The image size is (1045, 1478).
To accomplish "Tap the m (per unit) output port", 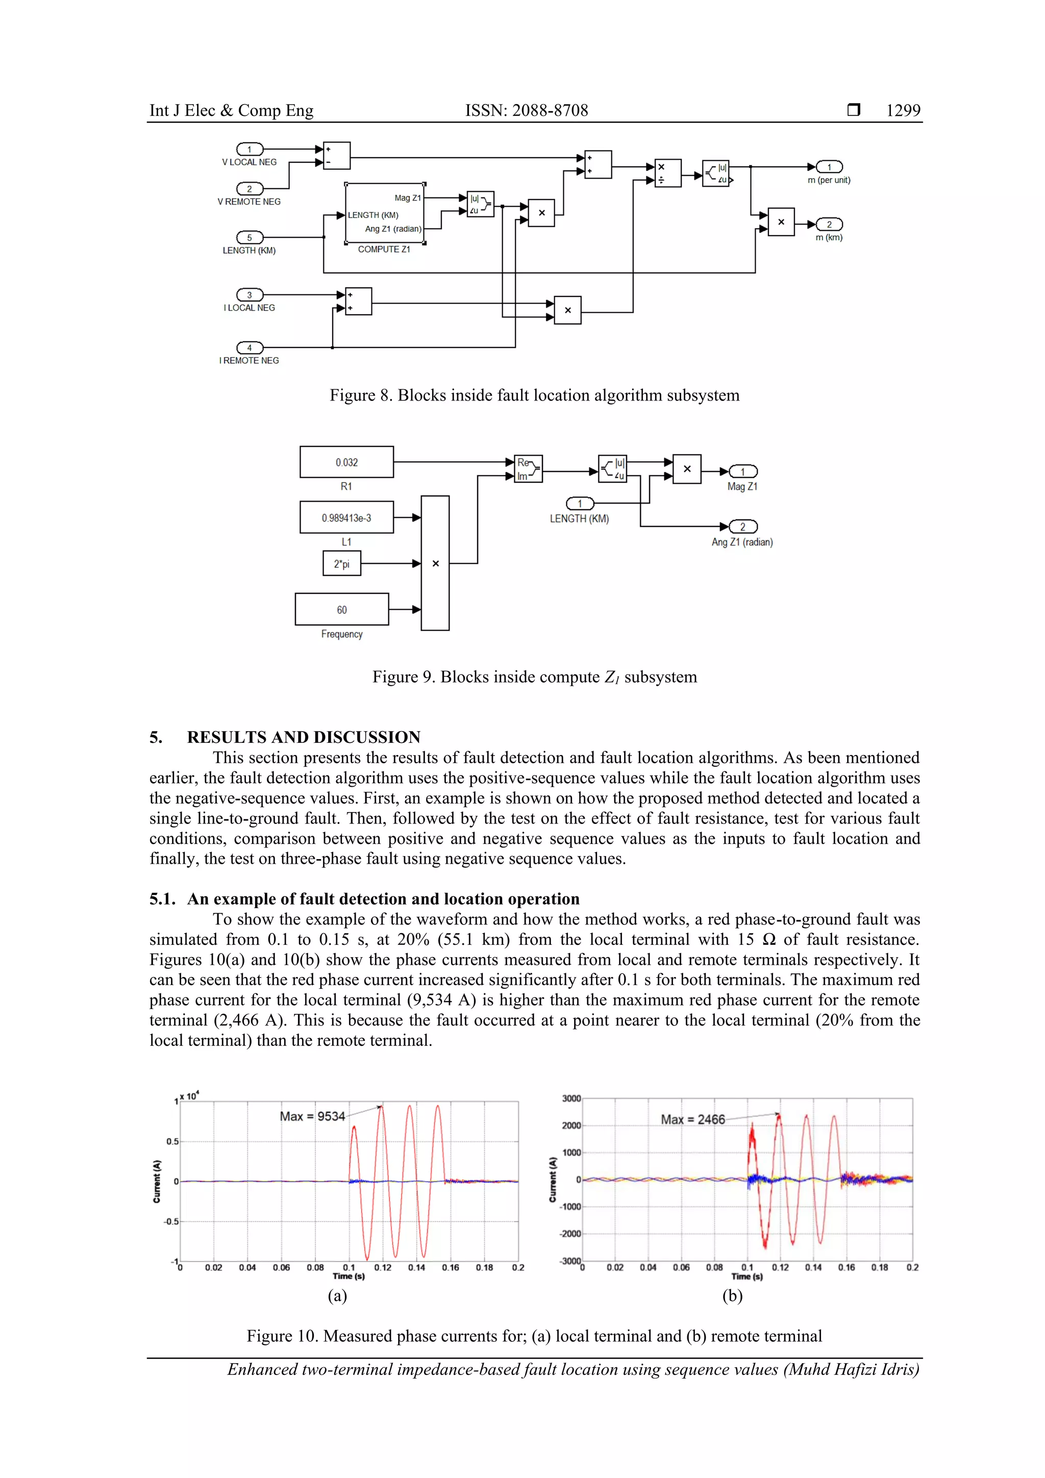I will tap(829, 167).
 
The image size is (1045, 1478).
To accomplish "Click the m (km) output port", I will tap(829, 224).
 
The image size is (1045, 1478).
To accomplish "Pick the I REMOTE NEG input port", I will tap(250, 347).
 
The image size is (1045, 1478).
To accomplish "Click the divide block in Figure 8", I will tap(668, 173).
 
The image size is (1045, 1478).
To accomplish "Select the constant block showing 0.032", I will tap(346, 462).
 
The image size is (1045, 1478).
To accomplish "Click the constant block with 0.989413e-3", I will tap(346, 517).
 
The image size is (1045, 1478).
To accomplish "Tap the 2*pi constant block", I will tap(341, 564).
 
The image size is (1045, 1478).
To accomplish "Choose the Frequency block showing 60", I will tap(341, 610).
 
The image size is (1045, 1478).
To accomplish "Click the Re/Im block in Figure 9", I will tap(528, 469).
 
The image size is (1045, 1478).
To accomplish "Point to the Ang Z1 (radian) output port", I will tap(742, 527).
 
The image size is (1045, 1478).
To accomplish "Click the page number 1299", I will tap(903, 111).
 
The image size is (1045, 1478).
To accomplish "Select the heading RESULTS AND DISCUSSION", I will tap(303, 737).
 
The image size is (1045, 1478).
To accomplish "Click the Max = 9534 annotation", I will tap(312, 1116).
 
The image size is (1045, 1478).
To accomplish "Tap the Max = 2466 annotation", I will tap(693, 1119).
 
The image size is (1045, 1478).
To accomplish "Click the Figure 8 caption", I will tap(534, 395).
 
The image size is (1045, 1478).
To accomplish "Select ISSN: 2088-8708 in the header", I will tap(527, 111).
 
